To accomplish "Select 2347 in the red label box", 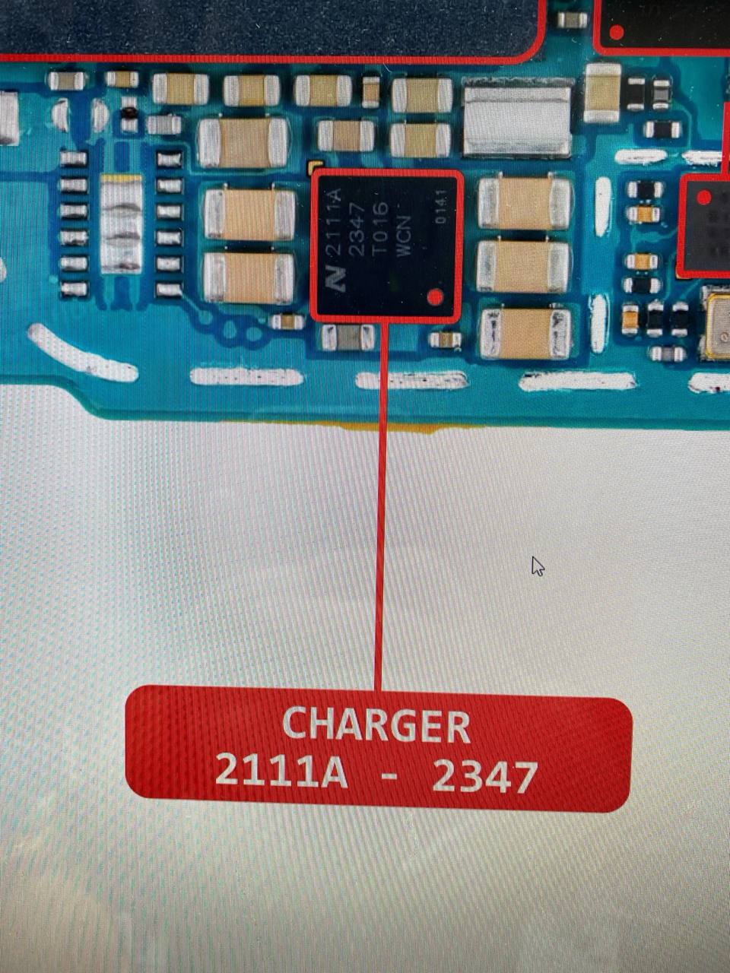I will (x=484, y=776).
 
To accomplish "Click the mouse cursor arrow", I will (x=537, y=566).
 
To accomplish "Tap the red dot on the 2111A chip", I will (x=435, y=296).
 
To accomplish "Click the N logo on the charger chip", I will (x=335, y=280).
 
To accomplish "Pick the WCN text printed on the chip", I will (x=404, y=236).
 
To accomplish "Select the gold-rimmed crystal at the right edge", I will (x=717, y=326).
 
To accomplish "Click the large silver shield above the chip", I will (x=517, y=121).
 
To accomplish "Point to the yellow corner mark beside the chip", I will (x=314, y=165).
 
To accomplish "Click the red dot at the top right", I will (x=617, y=32).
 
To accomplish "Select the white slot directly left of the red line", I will (x=246, y=376).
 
